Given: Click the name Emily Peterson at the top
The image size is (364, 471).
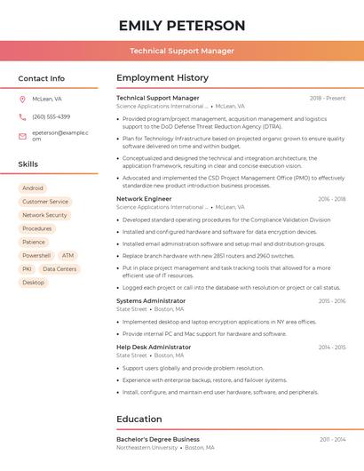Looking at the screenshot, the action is coord(181,25).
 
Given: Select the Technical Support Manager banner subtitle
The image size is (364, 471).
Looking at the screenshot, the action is coord(181,51).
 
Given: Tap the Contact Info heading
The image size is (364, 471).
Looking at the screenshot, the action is coord(41,78).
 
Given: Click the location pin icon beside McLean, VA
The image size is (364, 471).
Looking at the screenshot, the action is coord(22,100).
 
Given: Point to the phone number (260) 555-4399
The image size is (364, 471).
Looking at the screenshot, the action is coord(51,116).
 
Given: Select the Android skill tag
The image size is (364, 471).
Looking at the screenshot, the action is coord(33,188).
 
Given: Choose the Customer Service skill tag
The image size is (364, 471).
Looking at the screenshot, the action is coord(45,202).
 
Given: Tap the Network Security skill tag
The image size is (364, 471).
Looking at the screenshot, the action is coord(44,215).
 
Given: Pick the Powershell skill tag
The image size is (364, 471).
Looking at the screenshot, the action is coord(36,255).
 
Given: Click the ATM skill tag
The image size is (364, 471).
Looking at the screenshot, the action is coord(68,255).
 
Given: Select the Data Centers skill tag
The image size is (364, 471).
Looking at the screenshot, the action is coord(59,268).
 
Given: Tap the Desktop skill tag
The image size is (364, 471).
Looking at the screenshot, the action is coord(33,283).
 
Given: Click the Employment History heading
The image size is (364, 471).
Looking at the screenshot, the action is coord(162,78).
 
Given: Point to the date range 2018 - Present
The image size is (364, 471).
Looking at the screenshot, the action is coord(328,99).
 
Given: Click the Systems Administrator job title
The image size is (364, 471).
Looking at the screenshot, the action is coord(151,301).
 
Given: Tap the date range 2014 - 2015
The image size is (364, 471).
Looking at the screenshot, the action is coord(332,347).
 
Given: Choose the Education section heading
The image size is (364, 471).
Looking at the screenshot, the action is coord(138,419).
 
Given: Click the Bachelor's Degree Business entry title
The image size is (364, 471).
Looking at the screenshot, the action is coord(158,439).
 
